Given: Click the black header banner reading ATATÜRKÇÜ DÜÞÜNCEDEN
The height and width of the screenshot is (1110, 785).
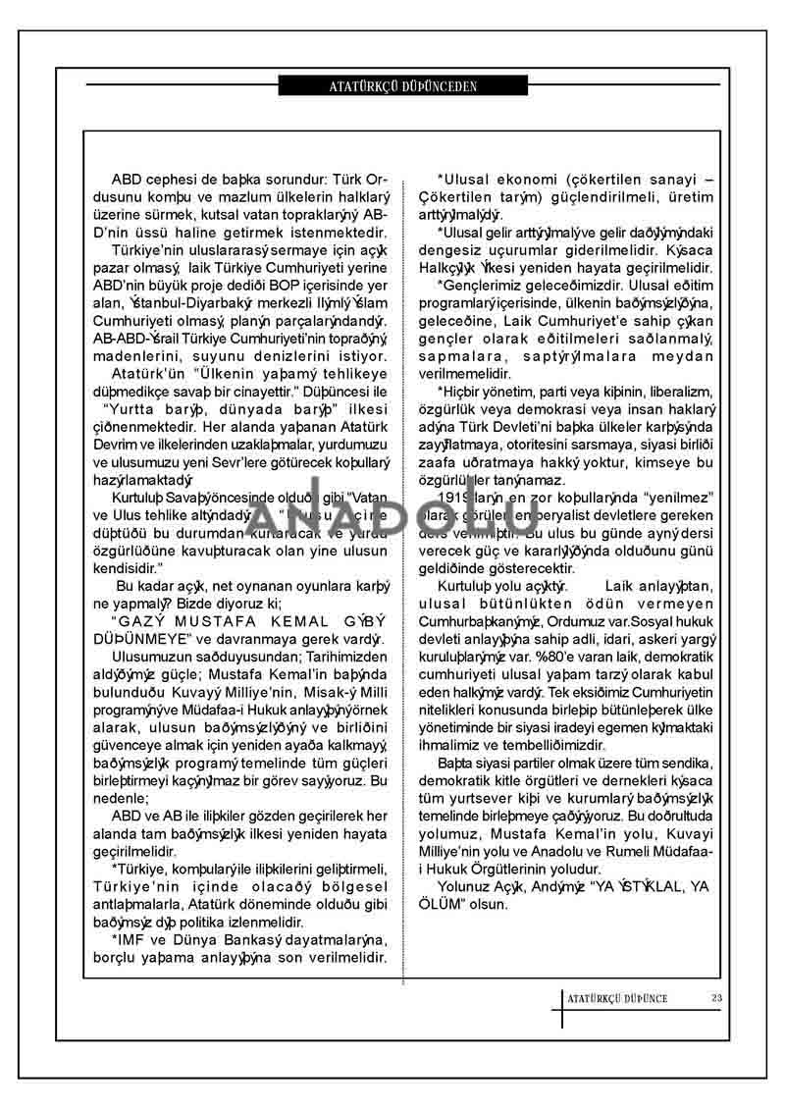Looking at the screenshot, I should coord(403,86).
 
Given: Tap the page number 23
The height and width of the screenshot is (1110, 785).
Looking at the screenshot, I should coord(717,999).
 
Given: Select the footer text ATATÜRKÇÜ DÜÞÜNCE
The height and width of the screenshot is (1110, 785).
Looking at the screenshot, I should coord(617,999).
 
